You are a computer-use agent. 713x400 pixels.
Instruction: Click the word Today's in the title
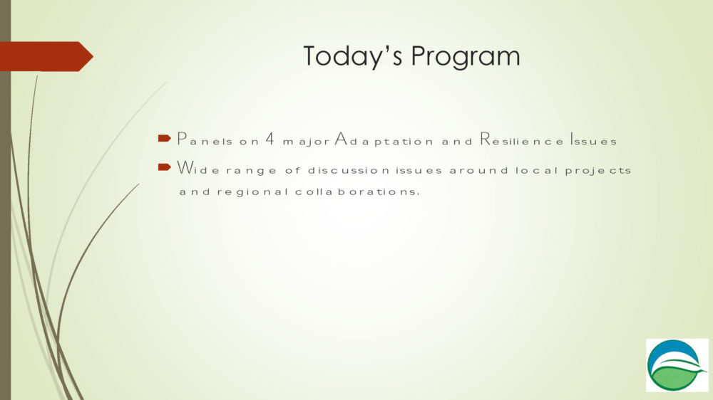coord(352,56)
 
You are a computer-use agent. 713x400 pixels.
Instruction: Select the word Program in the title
coord(465,57)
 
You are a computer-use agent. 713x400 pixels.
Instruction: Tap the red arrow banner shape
coord(46,56)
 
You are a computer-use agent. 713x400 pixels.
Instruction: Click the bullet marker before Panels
coord(164,138)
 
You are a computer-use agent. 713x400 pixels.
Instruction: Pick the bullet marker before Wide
coord(164,167)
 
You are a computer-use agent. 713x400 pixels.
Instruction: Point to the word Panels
coord(205,139)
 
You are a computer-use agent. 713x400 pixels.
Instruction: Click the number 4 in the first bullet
coord(270,139)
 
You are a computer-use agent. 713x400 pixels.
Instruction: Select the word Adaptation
coord(384,140)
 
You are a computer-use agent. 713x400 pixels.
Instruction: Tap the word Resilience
coord(522,139)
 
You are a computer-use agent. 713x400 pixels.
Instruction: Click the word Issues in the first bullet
coord(593,139)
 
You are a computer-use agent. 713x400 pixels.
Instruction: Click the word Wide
coord(198,168)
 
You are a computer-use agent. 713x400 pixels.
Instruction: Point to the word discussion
coord(349,170)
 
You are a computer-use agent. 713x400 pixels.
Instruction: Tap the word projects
coord(598,171)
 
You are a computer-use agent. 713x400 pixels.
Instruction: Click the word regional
coord(252,192)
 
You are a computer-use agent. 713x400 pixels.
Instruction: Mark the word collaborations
coord(357,191)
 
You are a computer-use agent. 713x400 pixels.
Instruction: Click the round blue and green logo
coord(677,365)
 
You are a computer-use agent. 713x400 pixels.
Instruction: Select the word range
coord(251,171)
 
